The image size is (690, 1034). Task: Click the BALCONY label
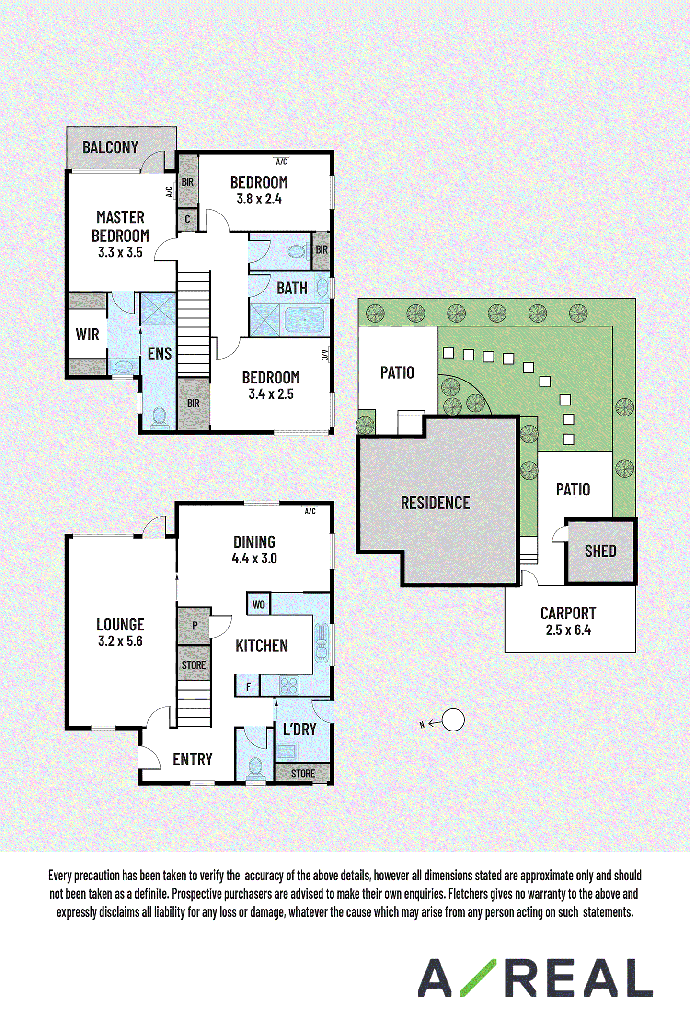tap(110, 147)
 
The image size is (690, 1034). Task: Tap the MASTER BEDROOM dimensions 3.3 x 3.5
tap(120, 252)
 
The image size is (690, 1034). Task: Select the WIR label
tap(87, 334)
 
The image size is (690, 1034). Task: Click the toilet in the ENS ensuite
tap(160, 417)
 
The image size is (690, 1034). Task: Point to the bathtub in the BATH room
tap(304, 319)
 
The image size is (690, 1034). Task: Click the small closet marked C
tap(187, 220)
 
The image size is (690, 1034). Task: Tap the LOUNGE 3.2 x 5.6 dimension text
tap(120, 641)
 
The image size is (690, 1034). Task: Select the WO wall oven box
tap(259, 604)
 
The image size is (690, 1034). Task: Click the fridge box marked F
tap(248, 686)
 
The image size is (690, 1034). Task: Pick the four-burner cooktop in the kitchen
tap(289, 686)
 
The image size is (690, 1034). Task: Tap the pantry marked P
tap(194, 626)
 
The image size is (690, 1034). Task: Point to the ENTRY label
tap(193, 759)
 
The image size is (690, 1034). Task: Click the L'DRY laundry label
tap(299, 730)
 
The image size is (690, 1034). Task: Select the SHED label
tap(600, 551)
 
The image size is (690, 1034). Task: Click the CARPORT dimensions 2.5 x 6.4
tap(568, 630)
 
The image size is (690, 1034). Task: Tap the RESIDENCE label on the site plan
tap(436, 503)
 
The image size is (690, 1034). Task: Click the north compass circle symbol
tap(453, 720)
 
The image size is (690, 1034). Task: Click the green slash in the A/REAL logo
tap(478, 978)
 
